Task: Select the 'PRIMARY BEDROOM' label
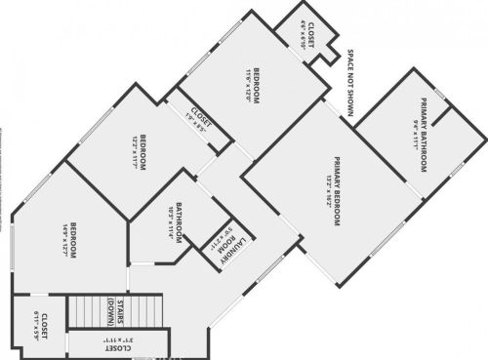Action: (x=337, y=190)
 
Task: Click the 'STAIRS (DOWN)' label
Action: (x=115, y=312)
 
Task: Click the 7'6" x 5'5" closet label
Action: (x=202, y=122)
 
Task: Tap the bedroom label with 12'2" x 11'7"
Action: (x=137, y=151)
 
